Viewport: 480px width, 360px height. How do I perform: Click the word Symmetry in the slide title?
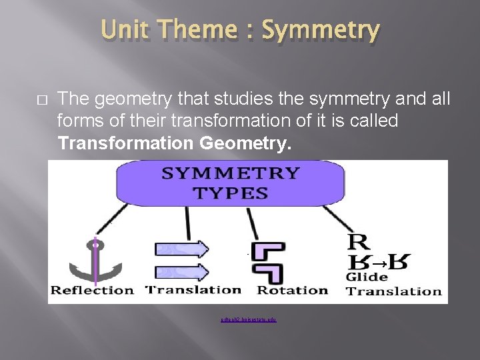(x=321, y=31)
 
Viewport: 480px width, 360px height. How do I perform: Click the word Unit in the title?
(x=125, y=31)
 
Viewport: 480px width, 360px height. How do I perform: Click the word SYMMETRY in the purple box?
(x=231, y=173)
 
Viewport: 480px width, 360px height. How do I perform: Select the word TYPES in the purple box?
(x=231, y=194)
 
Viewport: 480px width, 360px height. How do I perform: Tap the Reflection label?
(x=93, y=290)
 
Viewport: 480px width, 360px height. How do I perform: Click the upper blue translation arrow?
(x=182, y=249)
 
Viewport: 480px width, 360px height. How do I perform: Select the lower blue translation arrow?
(x=182, y=272)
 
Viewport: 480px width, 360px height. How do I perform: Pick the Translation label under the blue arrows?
(x=193, y=289)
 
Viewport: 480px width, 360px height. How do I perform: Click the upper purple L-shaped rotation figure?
(x=270, y=251)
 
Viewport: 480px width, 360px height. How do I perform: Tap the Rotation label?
(x=293, y=290)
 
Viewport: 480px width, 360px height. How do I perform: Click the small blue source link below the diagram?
(x=248, y=320)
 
